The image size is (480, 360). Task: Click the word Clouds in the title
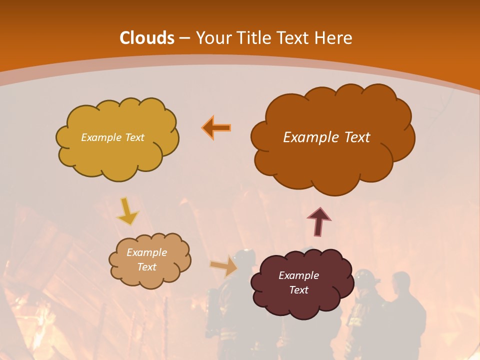[147, 38]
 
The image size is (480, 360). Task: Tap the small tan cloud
[149, 260]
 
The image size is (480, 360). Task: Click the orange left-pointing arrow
[216, 127]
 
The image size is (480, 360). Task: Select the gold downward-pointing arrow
[127, 211]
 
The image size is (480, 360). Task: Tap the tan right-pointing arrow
[224, 266]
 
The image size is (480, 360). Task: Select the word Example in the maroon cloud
[298, 275]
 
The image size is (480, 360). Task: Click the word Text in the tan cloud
[146, 267]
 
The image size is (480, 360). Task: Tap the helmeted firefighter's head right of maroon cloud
[365, 277]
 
